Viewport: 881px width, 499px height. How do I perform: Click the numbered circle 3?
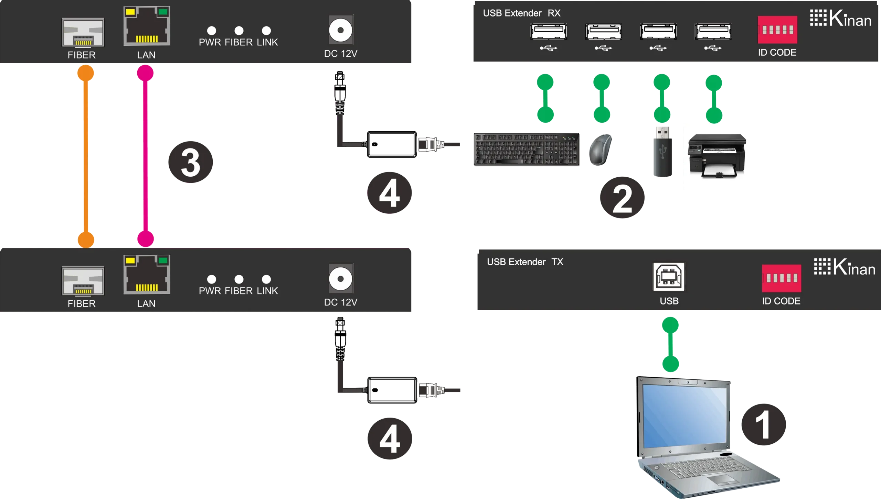pyautogui.click(x=190, y=162)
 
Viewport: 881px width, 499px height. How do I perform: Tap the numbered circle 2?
pyautogui.click(x=622, y=197)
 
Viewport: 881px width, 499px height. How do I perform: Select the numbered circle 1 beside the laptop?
pyautogui.click(x=764, y=424)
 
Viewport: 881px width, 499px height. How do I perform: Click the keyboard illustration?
pyautogui.click(x=527, y=149)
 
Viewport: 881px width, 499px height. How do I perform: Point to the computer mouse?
pyautogui.click(x=601, y=149)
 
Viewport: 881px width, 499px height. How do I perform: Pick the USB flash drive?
pyautogui.click(x=662, y=152)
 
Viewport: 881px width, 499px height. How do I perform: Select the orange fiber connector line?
pyautogui.click(x=86, y=156)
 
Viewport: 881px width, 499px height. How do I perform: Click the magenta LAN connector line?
pyautogui.click(x=145, y=156)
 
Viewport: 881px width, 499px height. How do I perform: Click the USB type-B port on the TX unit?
pyautogui.click(x=669, y=277)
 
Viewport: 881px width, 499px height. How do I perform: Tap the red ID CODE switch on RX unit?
pyautogui.click(x=777, y=30)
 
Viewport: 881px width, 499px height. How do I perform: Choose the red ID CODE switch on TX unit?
pyautogui.click(x=781, y=278)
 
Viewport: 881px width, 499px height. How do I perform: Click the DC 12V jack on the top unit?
pyautogui.click(x=341, y=30)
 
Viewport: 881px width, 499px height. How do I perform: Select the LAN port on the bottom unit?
pyautogui.click(x=147, y=275)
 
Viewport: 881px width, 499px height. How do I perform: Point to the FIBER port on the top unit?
pyautogui.click(x=83, y=32)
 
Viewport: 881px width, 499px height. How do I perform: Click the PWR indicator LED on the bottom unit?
pyautogui.click(x=212, y=279)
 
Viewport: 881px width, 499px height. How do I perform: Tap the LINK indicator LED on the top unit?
pyautogui.click(x=266, y=31)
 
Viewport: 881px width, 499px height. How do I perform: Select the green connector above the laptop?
pyautogui.click(x=670, y=344)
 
